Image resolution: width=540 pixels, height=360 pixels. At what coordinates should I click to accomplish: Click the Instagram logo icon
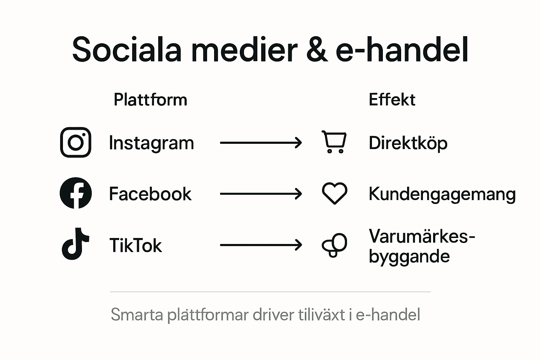(x=76, y=142)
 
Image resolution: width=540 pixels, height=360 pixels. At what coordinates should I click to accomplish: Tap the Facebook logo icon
(x=76, y=193)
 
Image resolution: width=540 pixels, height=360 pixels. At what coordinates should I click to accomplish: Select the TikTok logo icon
(x=75, y=244)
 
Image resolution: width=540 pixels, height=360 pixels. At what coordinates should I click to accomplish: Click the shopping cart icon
(x=334, y=142)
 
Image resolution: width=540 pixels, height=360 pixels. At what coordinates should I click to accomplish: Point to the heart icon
(x=334, y=193)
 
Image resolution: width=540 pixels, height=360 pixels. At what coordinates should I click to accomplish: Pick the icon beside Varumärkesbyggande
(x=334, y=245)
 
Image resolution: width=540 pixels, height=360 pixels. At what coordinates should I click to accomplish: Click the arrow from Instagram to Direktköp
(x=261, y=143)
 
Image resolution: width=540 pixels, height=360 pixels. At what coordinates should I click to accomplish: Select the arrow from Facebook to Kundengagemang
(x=261, y=194)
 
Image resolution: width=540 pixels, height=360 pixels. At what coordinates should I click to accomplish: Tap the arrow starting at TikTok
(x=261, y=245)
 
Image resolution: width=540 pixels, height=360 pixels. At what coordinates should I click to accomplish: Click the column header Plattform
(x=150, y=100)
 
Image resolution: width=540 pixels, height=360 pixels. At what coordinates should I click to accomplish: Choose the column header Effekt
(x=392, y=100)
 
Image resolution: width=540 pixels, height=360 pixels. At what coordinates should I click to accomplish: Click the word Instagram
(x=151, y=143)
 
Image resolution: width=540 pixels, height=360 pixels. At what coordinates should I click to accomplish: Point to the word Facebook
(x=150, y=194)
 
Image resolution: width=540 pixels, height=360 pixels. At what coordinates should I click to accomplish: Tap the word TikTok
(x=135, y=245)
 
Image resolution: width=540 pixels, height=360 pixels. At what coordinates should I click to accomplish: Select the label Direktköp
(x=408, y=143)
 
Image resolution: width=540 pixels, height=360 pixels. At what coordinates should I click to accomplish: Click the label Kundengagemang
(x=442, y=194)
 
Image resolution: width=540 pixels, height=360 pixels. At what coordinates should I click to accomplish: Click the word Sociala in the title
(x=127, y=50)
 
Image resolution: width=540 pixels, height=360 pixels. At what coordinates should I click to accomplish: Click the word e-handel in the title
(x=402, y=50)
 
